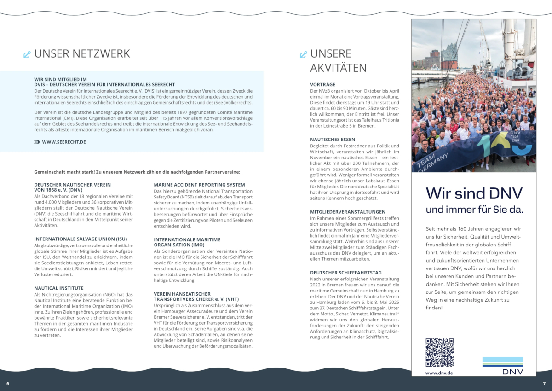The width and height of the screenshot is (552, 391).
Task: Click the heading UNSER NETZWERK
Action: tap(82, 54)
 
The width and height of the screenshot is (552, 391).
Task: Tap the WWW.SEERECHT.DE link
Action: tap(64, 142)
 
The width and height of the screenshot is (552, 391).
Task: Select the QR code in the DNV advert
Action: tap(439, 352)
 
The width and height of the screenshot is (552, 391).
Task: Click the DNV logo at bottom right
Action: tap(502, 366)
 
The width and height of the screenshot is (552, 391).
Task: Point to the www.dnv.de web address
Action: tap(439, 373)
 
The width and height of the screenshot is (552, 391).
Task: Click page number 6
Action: tap(7, 384)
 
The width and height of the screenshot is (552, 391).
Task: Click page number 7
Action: tap(544, 384)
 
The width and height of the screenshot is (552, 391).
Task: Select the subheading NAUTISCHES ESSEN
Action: tap(333, 140)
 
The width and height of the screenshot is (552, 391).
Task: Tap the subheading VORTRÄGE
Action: tap(323, 85)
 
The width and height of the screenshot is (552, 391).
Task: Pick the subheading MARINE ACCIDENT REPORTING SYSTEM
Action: tap(199, 185)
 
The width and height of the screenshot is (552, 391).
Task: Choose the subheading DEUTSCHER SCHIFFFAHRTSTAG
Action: tap(345, 273)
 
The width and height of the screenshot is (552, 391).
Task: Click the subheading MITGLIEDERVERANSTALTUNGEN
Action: tap(348, 212)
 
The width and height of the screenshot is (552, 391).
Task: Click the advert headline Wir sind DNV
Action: tap(474, 193)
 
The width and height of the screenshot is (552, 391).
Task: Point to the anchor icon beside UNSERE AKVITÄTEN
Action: tap(303, 55)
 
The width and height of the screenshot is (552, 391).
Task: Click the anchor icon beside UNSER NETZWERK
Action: tap(27, 55)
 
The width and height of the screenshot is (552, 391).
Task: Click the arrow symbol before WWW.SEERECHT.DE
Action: tap(37, 142)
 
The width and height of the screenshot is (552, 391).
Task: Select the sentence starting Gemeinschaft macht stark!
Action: tap(137, 172)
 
